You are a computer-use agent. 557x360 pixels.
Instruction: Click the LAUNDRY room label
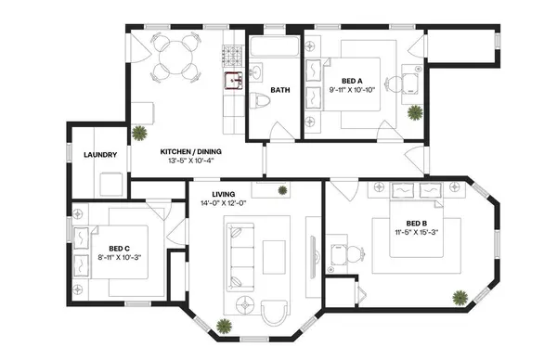(x=99, y=154)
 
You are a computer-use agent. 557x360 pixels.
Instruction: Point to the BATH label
(x=280, y=91)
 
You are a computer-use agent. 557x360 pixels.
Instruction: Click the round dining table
(x=174, y=58)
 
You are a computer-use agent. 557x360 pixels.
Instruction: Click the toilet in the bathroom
(x=259, y=103)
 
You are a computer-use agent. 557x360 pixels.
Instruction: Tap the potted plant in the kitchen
(x=140, y=132)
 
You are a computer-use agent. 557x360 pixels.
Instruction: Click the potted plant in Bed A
(x=415, y=112)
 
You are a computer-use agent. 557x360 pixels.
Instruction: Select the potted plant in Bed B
(x=460, y=298)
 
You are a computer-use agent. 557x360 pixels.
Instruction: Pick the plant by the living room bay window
(x=224, y=325)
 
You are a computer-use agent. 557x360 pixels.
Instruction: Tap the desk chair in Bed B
(x=339, y=253)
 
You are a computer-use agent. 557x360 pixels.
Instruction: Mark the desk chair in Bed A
(x=395, y=84)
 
